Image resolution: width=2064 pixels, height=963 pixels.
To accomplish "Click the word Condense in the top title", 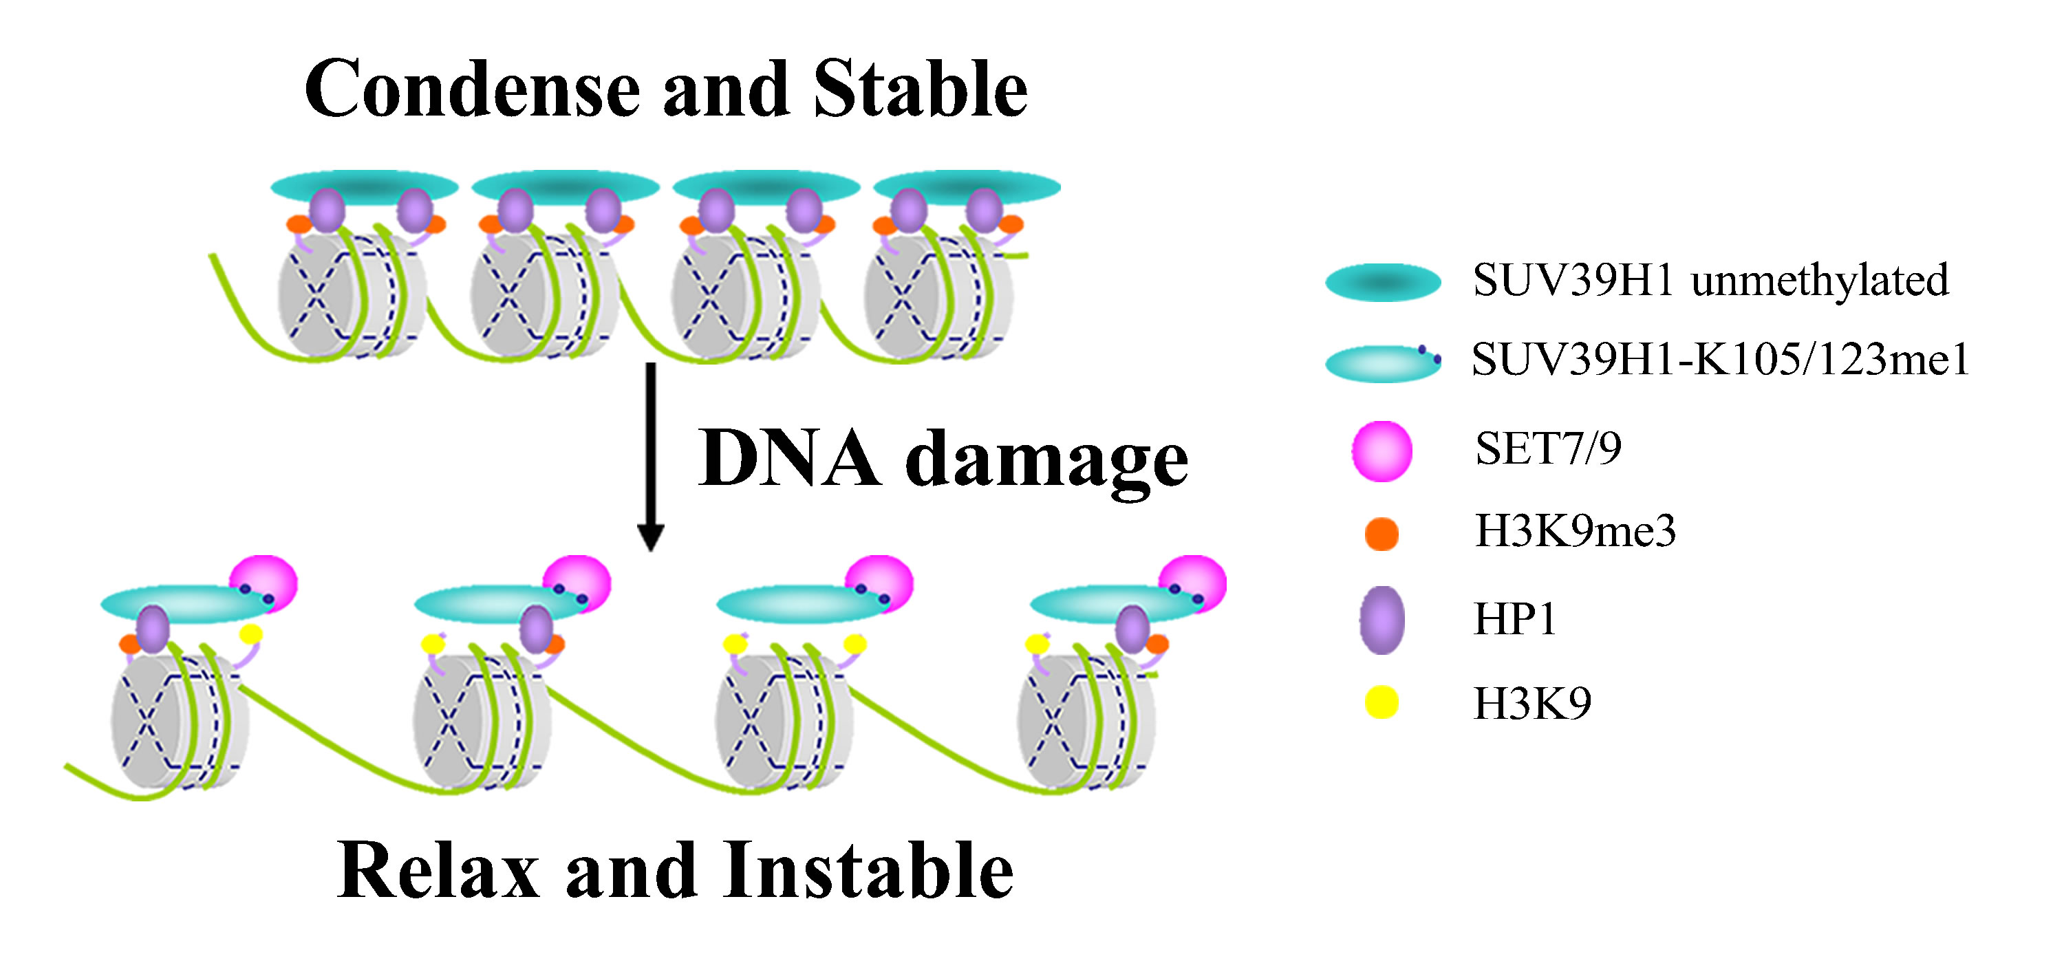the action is [x=473, y=89].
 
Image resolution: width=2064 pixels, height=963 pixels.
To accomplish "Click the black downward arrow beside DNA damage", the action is [x=651, y=457].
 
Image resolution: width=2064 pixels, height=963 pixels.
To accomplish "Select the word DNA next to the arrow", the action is [x=790, y=457].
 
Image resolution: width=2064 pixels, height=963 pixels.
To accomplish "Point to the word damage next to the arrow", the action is [x=1047, y=463].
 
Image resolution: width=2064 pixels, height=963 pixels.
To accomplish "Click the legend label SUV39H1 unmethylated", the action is [x=1710, y=281].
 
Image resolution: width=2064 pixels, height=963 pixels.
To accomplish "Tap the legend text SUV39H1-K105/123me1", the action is [x=1720, y=358].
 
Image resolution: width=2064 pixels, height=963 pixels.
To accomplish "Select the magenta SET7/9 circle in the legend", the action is [x=1382, y=451].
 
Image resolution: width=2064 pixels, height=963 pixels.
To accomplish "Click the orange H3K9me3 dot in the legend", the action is [x=1382, y=534].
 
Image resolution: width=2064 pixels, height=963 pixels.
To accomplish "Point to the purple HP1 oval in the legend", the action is [x=1382, y=620].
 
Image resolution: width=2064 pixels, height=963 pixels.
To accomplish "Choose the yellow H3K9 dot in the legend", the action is [x=1382, y=702].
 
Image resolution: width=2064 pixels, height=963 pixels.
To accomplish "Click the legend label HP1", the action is [x=1514, y=619].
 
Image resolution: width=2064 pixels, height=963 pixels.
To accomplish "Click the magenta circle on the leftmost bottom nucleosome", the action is [x=264, y=583].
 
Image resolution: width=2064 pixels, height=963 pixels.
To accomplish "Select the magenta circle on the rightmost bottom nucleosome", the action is [x=1192, y=583].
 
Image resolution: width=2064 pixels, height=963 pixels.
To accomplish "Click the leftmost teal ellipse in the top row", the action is [x=365, y=186].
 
